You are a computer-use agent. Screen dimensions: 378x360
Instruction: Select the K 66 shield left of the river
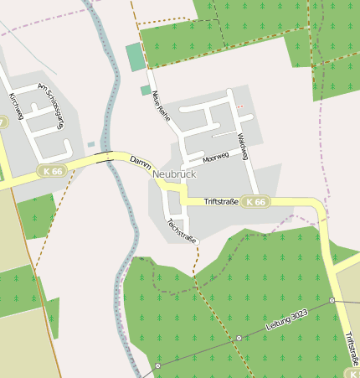coord(51,171)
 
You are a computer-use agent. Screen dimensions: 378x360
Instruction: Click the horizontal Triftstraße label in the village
coord(210,202)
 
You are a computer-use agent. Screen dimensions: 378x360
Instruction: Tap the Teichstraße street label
coord(182,231)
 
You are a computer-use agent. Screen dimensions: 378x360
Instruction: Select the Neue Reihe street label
coord(162,106)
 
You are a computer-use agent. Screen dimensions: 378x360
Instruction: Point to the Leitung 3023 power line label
coord(287,319)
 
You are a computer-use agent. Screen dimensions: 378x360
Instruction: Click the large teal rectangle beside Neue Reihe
coord(135,57)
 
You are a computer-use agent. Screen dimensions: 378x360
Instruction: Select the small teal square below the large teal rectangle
coord(145,90)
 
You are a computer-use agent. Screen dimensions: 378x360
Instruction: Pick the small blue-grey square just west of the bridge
coord(91,144)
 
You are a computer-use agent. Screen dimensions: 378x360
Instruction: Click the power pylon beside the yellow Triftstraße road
coord(332,299)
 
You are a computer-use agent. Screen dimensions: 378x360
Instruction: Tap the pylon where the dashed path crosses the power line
coord(239,338)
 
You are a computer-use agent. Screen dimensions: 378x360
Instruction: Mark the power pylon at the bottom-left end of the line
coord(157,366)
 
